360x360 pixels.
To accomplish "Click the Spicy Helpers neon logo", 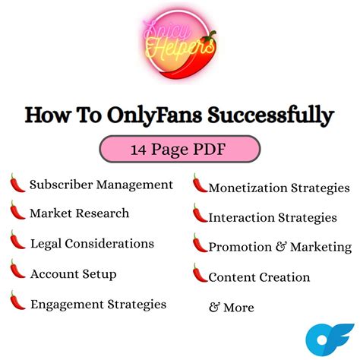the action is coord(179,44).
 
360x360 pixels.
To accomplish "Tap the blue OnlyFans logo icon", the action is coord(329,339).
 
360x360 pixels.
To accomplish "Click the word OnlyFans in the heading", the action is coord(154,115).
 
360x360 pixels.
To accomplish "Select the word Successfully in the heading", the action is coord(271,115).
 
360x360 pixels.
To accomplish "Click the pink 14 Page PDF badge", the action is coord(180,149).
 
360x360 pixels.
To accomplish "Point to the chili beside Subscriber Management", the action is coord(17,183).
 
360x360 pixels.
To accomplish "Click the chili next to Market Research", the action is coord(17,210).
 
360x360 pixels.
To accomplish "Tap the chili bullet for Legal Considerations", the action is coord(17,240).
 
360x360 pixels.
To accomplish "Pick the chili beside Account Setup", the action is coord(17,269).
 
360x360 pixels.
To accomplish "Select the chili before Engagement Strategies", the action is coord(17,300).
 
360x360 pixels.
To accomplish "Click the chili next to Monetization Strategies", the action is coord(200,183).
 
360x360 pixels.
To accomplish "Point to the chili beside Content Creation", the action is coord(200,273).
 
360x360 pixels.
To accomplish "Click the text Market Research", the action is coord(80,213).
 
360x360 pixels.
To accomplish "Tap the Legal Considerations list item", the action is coord(92,244).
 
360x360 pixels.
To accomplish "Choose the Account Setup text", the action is coord(74,274).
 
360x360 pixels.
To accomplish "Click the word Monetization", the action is coord(248,188).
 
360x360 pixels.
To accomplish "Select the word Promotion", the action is coord(240,247).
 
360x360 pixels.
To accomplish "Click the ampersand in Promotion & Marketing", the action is coord(281,247).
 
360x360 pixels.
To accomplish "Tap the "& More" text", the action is coord(232,308).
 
